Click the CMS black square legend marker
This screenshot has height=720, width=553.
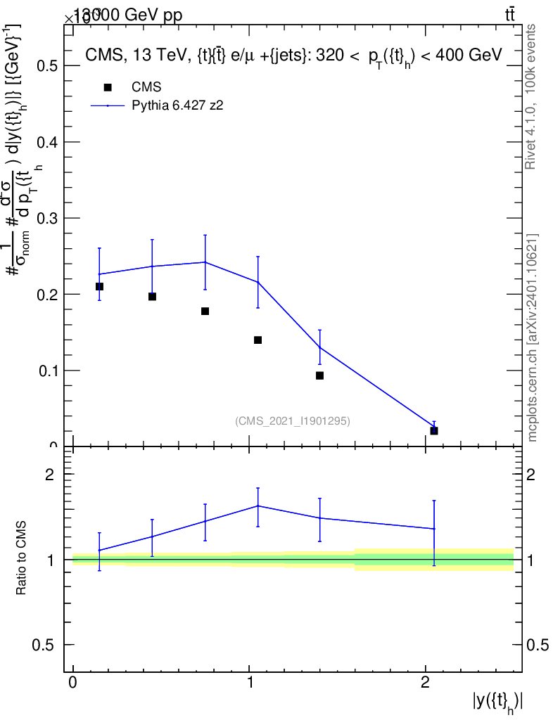108,87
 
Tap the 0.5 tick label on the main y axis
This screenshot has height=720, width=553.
47,66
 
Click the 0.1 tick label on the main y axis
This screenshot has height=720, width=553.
47,371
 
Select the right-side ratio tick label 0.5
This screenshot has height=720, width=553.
538,645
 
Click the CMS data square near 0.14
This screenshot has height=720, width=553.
258,340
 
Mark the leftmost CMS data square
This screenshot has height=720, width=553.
99,286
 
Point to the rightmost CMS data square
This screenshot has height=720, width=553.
434,430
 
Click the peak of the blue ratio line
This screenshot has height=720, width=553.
258,506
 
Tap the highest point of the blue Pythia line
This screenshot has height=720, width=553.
205,262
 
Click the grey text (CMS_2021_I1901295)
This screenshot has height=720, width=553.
293,420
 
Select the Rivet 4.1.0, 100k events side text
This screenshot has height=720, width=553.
532,96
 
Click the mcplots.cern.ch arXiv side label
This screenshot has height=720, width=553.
532,337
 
